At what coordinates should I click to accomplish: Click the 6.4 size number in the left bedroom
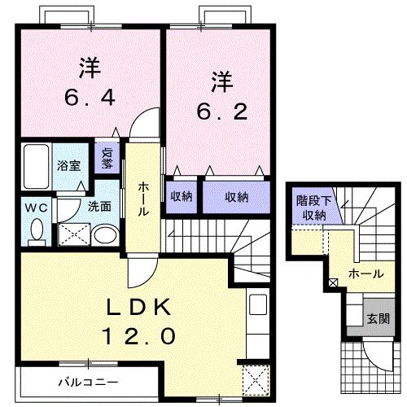pyautogui.click(x=90, y=98)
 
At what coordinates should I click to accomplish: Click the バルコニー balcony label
pyautogui.click(x=88, y=381)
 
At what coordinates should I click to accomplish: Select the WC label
pyautogui.click(x=37, y=208)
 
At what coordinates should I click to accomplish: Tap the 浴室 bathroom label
pyautogui.click(x=68, y=165)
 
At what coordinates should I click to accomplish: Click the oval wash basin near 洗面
pyautogui.click(x=104, y=236)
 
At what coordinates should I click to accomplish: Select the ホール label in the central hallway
pyautogui.click(x=143, y=198)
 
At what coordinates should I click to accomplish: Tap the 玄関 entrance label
pyautogui.click(x=377, y=318)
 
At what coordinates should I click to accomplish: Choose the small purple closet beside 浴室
pyautogui.click(x=107, y=158)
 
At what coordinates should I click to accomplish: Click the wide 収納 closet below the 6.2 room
pyautogui.click(x=237, y=196)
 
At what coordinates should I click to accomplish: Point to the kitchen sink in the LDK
pyautogui.click(x=258, y=307)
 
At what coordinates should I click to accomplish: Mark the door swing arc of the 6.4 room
pyautogui.click(x=142, y=124)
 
